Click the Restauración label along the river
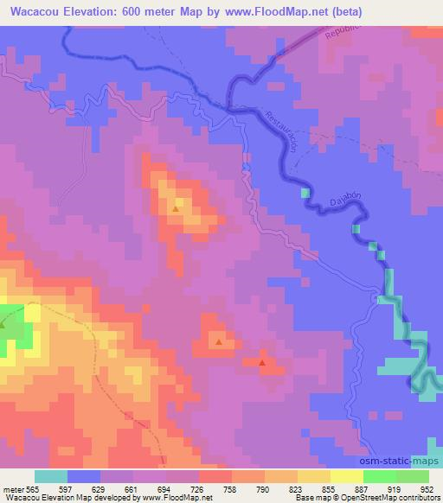(286, 133)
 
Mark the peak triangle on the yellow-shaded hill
(176, 208)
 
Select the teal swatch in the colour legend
(51, 476)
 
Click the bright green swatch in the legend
(380, 476)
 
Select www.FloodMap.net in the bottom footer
(174, 498)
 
